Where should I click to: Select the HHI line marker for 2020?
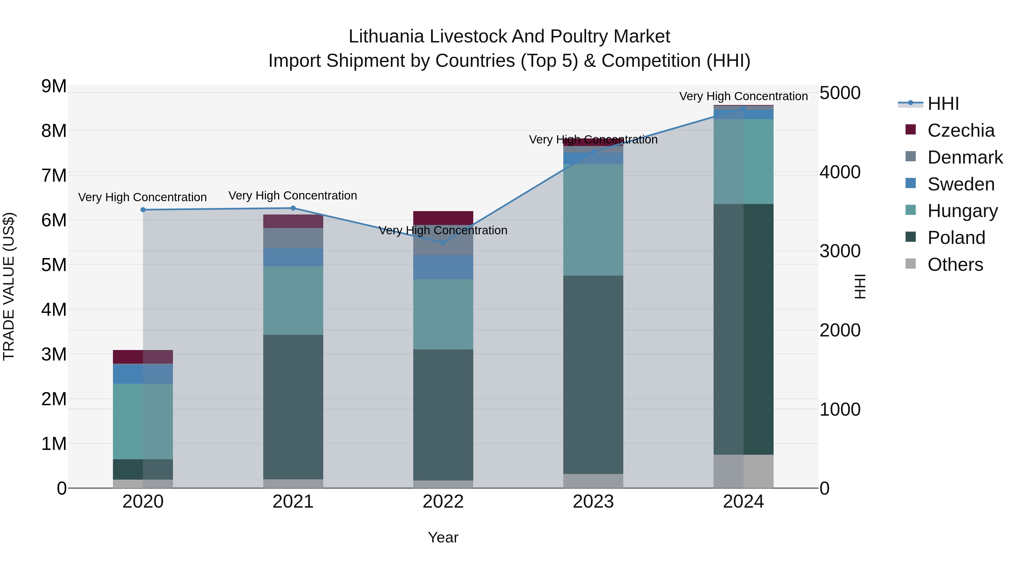(143, 210)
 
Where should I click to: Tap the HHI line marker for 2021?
(293, 208)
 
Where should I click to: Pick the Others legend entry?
(955, 265)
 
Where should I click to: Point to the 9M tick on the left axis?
(54, 86)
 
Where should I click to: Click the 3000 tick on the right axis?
(840, 251)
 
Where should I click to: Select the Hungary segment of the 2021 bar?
(293, 301)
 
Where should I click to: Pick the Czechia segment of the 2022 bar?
(443, 218)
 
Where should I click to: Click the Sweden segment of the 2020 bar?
(143, 374)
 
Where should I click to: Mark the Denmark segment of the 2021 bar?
(293, 238)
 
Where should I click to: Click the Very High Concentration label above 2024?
(743, 96)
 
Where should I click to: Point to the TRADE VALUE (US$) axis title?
(9, 286)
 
